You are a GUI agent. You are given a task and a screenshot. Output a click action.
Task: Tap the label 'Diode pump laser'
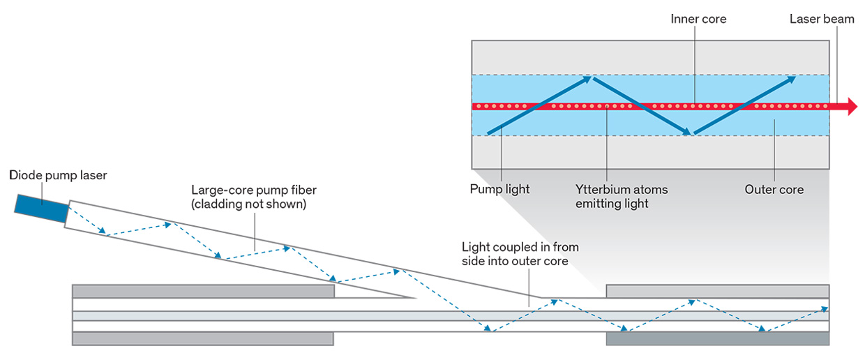point(58,175)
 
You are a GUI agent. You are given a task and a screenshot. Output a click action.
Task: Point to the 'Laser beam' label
point(822,19)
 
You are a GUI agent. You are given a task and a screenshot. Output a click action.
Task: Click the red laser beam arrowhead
point(850,107)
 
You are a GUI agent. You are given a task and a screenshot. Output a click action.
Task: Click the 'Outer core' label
point(774,189)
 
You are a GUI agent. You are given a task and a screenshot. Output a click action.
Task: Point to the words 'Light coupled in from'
point(520,247)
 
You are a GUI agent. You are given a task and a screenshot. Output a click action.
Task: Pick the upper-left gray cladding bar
point(203,291)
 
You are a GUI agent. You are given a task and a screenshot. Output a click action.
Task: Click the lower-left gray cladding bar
point(203,338)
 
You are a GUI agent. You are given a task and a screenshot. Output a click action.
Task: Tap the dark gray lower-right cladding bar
point(718,338)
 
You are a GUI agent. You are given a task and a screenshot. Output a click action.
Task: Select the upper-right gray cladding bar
point(718,291)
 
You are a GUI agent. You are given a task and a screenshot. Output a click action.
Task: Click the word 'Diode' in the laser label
point(24,175)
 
